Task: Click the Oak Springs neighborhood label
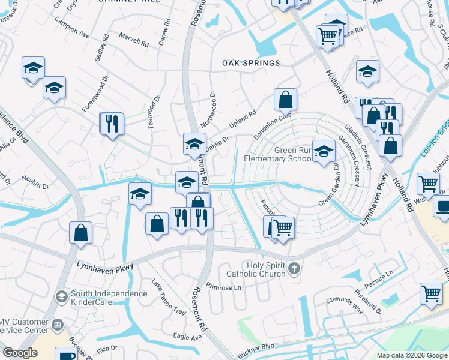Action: click(251, 63)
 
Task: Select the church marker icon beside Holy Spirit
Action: click(294, 268)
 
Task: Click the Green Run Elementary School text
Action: click(277, 155)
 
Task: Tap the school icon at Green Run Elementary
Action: click(324, 152)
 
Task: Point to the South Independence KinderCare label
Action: click(109, 298)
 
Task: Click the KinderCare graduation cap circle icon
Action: click(61, 296)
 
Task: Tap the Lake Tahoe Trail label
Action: click(169, 298)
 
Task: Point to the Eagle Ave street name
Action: click(187, 337)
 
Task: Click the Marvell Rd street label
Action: click(133, 41)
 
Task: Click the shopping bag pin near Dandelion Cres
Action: click(286, 100)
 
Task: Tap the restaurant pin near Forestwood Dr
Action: click(112, 124)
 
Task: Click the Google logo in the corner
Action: click(20, 353)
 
